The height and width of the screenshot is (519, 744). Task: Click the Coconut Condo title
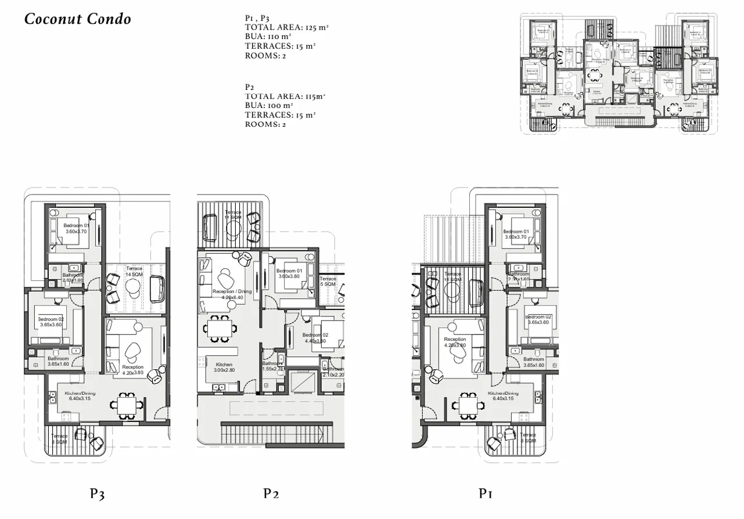(78, 19)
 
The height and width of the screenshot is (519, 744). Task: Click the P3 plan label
(97, 494)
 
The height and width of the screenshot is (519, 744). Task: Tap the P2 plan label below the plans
(271, 494)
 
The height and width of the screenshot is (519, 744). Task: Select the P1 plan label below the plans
(486, 494)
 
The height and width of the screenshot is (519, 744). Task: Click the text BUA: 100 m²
(269, 106)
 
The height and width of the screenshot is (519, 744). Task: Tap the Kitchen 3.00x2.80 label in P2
(224, 367)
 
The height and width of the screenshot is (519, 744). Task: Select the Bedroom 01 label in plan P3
(77, 228)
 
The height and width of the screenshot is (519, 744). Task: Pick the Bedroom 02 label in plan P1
(538, 319)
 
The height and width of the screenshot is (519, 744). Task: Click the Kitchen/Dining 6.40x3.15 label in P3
(80, 396)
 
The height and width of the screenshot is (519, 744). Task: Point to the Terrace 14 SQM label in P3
(134, 272)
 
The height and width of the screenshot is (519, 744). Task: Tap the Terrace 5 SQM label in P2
(328, 282)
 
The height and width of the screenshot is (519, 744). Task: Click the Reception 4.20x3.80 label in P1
(455, 343)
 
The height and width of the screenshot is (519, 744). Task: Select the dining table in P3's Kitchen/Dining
(126, 405)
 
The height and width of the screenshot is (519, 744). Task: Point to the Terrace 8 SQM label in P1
(528, 438)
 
